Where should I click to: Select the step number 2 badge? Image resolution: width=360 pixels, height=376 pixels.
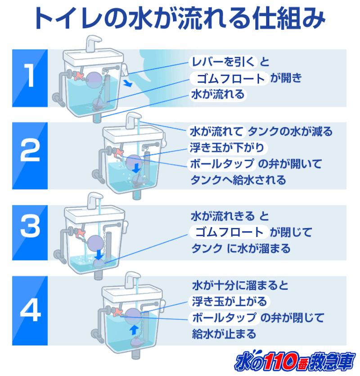click(30, 154)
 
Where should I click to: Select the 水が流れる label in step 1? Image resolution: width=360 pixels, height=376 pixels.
click(218, 95)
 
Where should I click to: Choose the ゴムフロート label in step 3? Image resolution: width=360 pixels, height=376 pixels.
click(229, 232)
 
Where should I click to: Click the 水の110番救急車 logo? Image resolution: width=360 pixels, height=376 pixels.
click(295, 361)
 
